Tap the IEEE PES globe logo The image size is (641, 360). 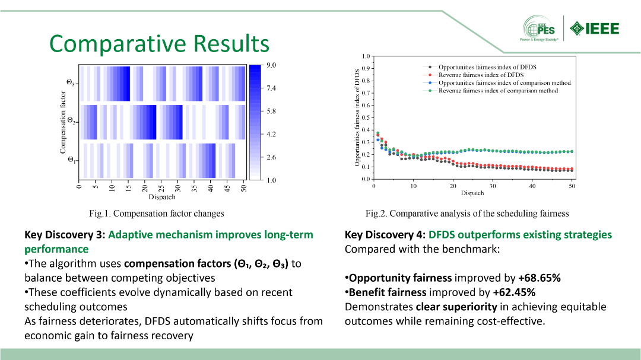point(539,28)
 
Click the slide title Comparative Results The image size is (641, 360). point(160,43)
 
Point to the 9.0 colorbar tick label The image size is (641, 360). point(271,65)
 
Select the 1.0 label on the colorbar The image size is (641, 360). point(271,180)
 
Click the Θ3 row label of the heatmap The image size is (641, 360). point(71,83)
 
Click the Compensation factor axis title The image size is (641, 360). point(62,122)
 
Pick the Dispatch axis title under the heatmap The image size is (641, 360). point(162,197)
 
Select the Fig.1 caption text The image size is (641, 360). point(157,214)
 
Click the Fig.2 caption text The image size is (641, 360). point(467,214)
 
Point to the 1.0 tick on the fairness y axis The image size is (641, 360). point(366,56)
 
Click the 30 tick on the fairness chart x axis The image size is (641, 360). point(493,186)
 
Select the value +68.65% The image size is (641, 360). point(539,278)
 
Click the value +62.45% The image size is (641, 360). point(514,292)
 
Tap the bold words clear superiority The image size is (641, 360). point(456,307)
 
